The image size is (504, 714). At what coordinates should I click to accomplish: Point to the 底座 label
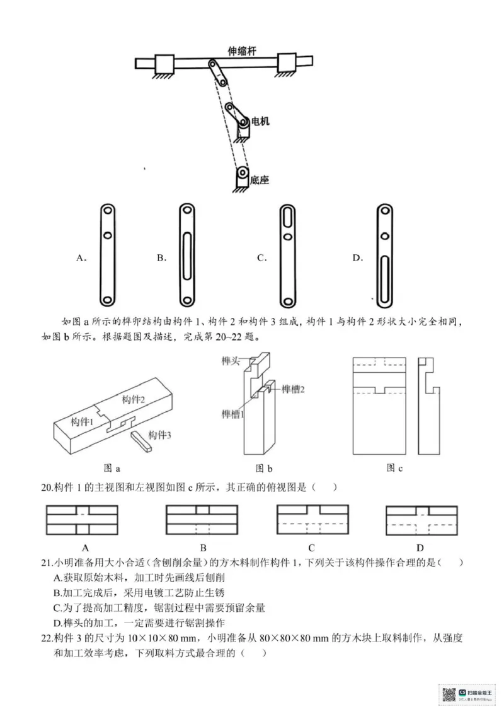point(259,180)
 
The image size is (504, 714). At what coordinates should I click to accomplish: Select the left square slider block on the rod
point(164,64)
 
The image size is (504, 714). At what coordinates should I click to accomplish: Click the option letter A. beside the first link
point(81,257)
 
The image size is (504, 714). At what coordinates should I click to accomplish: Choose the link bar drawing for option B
point(187,256)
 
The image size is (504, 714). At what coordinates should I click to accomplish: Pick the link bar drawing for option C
point(287,256)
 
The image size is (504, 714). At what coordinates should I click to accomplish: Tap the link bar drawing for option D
point(383,256)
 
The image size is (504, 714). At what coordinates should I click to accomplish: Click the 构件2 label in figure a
point(134,399)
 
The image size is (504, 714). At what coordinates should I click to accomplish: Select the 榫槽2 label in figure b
point(293,389)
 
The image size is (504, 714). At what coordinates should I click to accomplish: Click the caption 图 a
point(111,468)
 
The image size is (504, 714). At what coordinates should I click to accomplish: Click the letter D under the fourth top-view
point(420,547)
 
